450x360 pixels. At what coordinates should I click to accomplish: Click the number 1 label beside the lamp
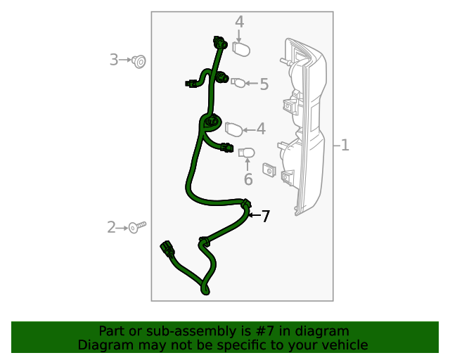[x=345, y=146]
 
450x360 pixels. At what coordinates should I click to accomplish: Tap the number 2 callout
[x=111, y=227]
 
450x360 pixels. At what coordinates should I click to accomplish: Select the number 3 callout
[x=113, y=60]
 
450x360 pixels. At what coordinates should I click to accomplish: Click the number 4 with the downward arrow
[x=239, y=22]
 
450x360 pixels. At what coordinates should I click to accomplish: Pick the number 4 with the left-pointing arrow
[x=261, y=129]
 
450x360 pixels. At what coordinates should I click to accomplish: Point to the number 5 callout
[x=264, y=84]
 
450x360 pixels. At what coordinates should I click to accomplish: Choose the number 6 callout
[x=248, y=179]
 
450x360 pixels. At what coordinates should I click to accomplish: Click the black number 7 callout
[x=265, y=217]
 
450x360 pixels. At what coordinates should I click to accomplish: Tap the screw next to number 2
[x=138, y=226]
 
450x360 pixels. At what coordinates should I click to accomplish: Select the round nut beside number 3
[x=139, y=62]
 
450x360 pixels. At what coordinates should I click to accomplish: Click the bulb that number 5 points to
[x=238, y=83]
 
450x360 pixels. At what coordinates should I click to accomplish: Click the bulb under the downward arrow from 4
[x=241, y=49]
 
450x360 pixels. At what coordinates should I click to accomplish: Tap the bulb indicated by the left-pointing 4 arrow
[x=233, y=129]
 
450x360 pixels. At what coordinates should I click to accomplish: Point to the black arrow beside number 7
[x=254, y=214]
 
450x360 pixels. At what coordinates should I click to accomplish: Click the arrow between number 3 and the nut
[x=126, y=60]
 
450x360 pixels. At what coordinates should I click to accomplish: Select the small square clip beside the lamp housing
[x=268, y=169]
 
